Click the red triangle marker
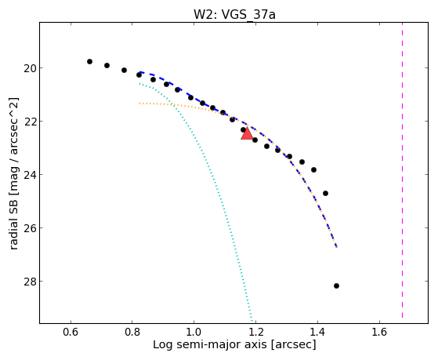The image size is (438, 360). pyautogui.click(x=248, y=133)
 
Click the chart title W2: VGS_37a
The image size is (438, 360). pyautogui.click(x=234, y=14)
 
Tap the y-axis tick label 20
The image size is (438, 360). pyautogui.click(x=30, y=68)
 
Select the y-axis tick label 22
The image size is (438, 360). pyautogui.click(x=30, y=121)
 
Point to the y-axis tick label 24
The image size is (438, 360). pyautogui.click(x=30, y=175)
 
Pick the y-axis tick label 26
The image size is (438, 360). pyautogui.click(x=30, y=228)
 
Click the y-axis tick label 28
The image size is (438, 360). pyautogui.click(x=30, y=281)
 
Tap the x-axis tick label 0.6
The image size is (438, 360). pyautogui.click(x=71, y=332)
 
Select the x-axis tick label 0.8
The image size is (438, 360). pyautogui.click(x=132, y=332)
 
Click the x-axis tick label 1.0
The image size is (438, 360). pyautogui.click(x=194, y=332)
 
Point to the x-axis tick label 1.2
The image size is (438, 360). pyautogui.click(x=256, y=332)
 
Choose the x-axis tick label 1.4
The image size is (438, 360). pyautogui.click(x=317, y=332)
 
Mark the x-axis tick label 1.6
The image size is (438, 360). pyautogui.click(x=379, y=332)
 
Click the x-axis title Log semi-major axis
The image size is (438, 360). pyautogui.click(x=210, y=345)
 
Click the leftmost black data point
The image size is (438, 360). pyautogui.click(x=89, y=61)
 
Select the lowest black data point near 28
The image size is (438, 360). pyautogui.click(x=336, y=285)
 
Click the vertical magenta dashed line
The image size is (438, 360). pyautogui.click(x=402, y=170)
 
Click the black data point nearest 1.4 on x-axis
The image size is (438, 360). pyautogui.click(x=313, y=169)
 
